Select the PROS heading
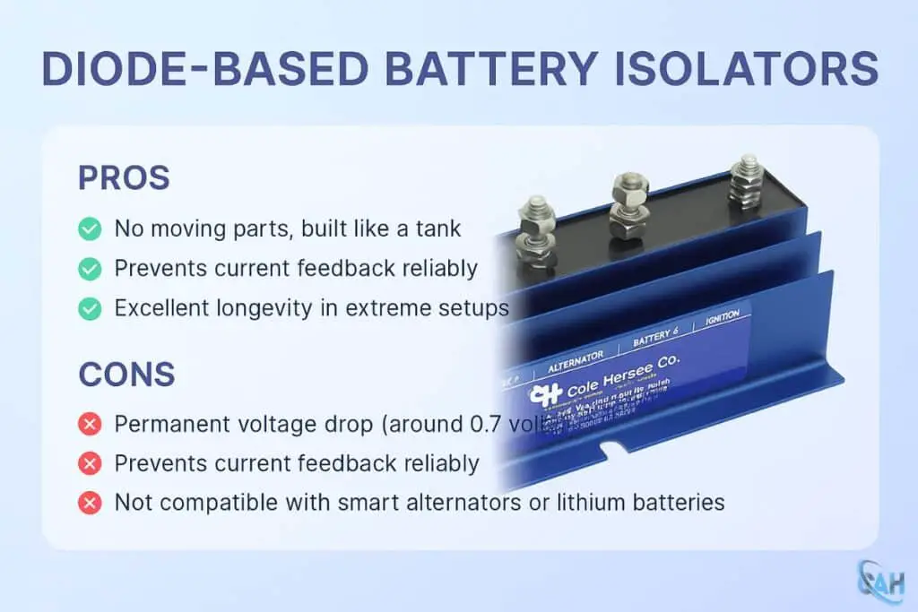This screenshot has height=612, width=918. point(124,177)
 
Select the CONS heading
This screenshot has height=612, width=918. point(126,375)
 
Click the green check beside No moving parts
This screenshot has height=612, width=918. point(90,228)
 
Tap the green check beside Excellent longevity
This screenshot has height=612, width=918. point(90,308)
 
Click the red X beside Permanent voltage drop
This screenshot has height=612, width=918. point(90,424)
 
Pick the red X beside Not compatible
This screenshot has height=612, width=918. point(90,503)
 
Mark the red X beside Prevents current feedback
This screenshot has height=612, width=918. point(90,463)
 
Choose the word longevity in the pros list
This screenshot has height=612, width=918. point(277,308)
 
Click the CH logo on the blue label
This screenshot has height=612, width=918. point(546,394)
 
